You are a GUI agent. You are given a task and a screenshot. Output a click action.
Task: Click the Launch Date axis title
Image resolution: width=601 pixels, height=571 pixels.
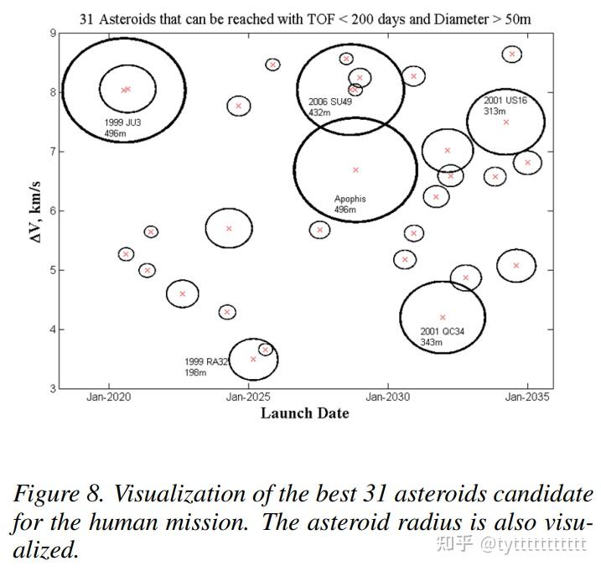click(304, 413)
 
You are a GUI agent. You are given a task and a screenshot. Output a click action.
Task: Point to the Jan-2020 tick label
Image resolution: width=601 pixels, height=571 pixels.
click(108, 397)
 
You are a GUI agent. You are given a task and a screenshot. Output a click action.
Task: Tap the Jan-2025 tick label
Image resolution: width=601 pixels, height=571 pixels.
click(247, 397)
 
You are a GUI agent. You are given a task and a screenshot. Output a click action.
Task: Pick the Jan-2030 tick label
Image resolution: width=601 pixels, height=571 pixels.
click(387, 397)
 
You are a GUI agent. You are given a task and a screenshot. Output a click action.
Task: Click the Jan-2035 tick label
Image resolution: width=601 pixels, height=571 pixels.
click(527, 397)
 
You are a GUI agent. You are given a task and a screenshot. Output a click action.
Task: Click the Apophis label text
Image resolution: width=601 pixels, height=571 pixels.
click(350, 200)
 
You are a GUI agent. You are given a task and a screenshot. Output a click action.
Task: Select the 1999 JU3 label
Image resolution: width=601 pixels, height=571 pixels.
click(122, 122)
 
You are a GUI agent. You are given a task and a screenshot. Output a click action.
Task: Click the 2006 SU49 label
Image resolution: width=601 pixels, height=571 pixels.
click(329, 101)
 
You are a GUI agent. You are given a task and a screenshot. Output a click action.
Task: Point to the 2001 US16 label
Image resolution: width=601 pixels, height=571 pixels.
click(505, 101)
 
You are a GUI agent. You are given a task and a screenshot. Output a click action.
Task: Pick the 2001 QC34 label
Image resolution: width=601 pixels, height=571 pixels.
click(442, 332)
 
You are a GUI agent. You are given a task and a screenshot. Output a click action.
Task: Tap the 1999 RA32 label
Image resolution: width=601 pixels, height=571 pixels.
click(206, 362)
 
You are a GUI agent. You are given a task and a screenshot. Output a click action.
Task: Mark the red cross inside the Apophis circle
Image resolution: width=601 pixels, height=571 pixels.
click(355, 170)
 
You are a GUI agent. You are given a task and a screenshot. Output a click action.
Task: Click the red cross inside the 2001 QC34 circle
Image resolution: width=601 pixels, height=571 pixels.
click(443, 318)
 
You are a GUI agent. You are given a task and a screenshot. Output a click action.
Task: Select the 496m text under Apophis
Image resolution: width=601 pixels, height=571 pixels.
click(345, 210)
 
